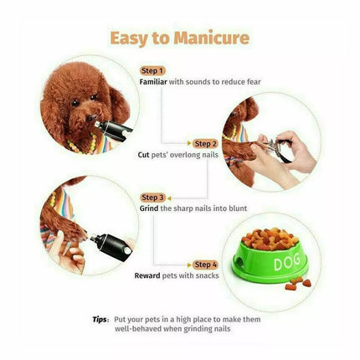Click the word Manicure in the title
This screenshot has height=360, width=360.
(x=211, y=38)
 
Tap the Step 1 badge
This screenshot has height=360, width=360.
(x=152, y=71)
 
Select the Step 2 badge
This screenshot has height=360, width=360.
(x=205, y=144)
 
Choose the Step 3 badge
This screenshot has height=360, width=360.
(x=152, y=198)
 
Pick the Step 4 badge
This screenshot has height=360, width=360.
(x=205, y=265)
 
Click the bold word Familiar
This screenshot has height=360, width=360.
(x=153, y=82)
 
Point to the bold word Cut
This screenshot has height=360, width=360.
(x=143, y=155)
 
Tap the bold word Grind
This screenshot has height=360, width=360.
(x=149, y=208)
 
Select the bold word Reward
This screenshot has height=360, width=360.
(x=147, y=275)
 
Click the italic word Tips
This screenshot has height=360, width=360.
(x=99, y=320)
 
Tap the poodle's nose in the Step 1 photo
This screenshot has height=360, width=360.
(x=91, y=118)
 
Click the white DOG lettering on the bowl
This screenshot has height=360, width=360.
(x=287, y=261)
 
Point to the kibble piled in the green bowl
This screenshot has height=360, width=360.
(x=270, y=239)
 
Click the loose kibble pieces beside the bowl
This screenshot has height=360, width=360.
(x=298, y=284)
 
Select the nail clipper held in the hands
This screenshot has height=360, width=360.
(x=278, y=148)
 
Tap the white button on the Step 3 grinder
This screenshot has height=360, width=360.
(x=127, y=250)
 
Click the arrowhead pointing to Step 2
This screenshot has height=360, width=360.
(x=190, y=144)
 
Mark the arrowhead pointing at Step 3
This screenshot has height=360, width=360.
(x=169, y=198)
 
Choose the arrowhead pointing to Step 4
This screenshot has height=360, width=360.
(x=190, y=265)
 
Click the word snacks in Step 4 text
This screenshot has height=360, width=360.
(x=207, y=275)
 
